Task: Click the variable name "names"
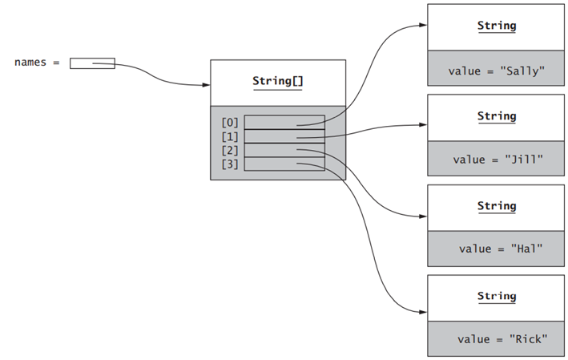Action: (x=30, y=63)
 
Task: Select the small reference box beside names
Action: (x=92, y=63)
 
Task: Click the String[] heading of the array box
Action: (x=278, y=81)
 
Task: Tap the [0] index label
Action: (x=230, y=123)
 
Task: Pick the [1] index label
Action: (x=230, y=136)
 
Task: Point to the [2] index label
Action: (x=230, y=150)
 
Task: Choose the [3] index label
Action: (x=230, y=164)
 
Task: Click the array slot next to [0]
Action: (x=284, y=123)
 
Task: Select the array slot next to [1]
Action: (x=284, y=136)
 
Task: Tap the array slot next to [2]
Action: (x=284, y=150)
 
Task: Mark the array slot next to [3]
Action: (x=284, y=164)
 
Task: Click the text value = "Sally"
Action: (x=497, y=70)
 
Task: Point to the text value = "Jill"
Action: (x=497, y=160)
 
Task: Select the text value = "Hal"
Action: (x=497, y=249)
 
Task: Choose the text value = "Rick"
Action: (x=497, y=339)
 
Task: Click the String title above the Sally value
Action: (x=497, y=26)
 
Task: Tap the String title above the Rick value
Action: (x=497, y=296)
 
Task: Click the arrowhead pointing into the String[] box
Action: (x=206, y=83)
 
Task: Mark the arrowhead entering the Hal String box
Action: (x=422, y=216)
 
